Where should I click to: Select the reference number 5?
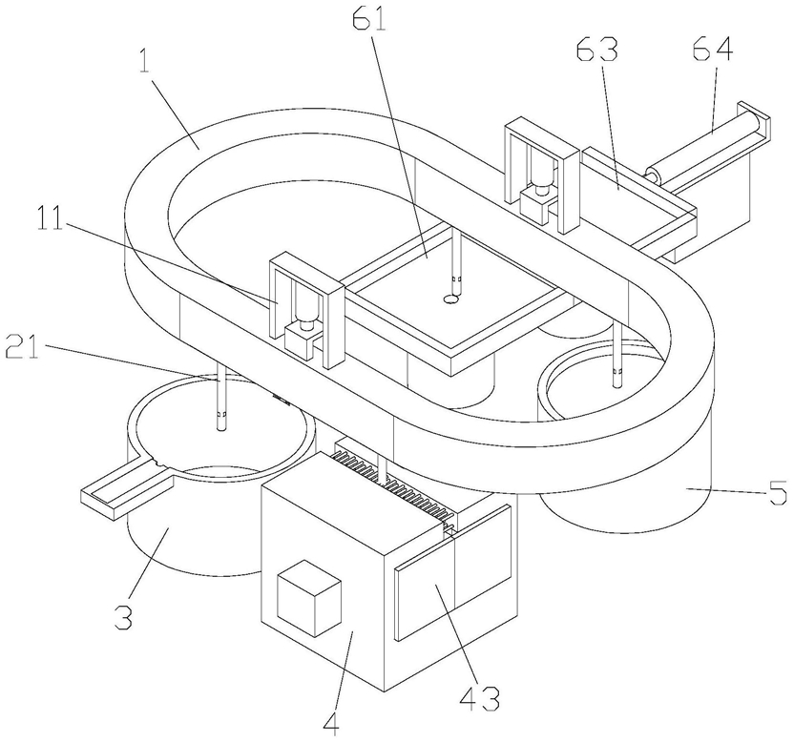point(778,493)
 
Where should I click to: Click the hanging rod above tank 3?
point(221,405)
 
